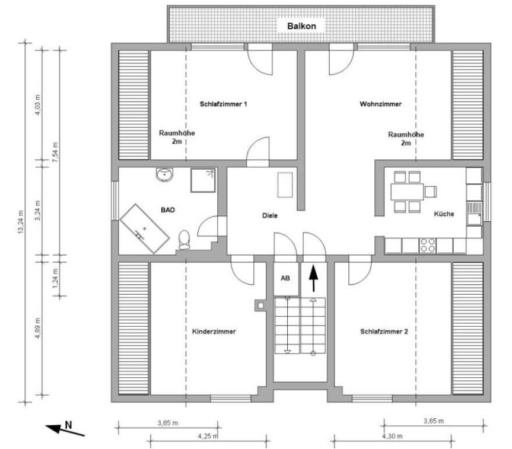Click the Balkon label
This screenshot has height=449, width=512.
tap(301, 26)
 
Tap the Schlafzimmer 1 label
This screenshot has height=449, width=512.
tap(223, 104)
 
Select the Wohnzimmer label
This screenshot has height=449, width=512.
tap(380, 104)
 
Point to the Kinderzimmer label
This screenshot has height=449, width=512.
tap(214, 332)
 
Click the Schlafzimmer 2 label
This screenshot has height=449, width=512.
tap(384, 332)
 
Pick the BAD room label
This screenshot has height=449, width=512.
tap(168, 210)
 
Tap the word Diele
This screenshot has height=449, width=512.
tap(270, 215)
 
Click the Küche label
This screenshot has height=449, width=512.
tap(444, 214)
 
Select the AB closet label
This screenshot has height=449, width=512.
tap(285, 278)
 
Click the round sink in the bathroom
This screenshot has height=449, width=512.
tap(164, 175)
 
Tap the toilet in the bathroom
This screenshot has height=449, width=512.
tap(184, 240)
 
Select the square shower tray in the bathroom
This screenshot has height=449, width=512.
tap(203, 180)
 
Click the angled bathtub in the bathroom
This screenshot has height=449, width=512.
tap(145, 228)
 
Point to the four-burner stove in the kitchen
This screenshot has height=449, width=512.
tap(428, 246)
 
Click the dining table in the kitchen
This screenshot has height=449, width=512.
tap(407, 192)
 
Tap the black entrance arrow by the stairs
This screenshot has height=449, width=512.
tap(313, 278)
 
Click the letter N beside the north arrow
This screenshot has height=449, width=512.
tap(68, 425)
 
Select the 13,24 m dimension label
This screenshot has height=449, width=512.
tap(21, 222)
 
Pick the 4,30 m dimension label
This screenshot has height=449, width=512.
tap(393, 436)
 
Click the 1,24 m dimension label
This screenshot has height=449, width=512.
tap(56, 278)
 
